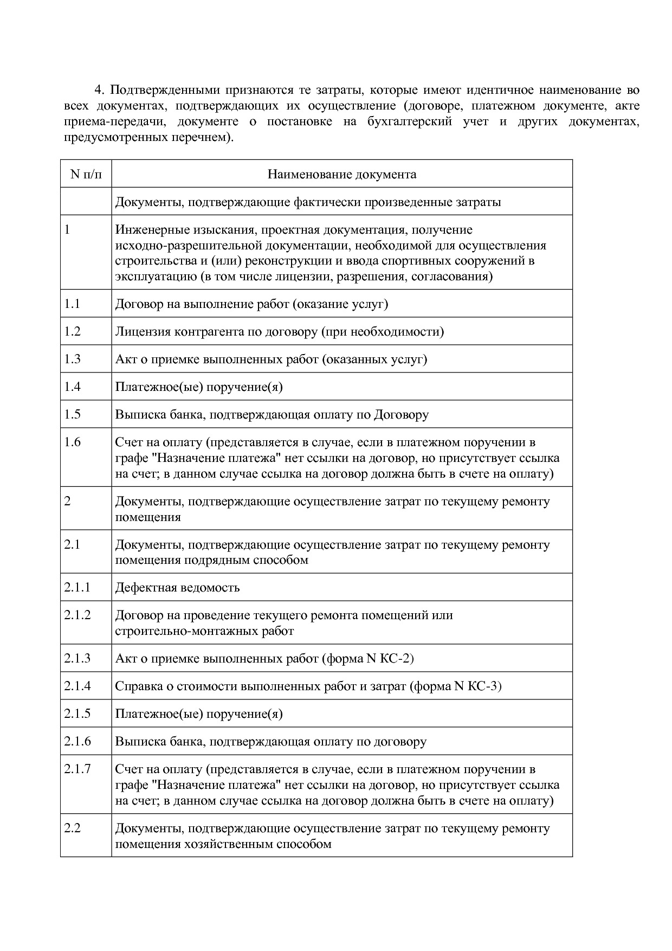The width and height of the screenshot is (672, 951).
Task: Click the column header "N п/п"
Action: (86, 174)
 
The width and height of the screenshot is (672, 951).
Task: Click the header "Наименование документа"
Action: (342, 174)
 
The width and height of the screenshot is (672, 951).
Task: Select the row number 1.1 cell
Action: (72, 304)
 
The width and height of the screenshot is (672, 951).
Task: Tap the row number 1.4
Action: (72, 387)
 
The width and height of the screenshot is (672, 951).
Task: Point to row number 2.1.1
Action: (77, 587)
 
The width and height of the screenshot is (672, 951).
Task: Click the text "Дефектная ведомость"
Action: (177, 588)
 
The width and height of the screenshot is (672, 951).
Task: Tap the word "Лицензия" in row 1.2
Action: (143, 332)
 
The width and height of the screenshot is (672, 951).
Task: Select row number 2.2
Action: (72, 828)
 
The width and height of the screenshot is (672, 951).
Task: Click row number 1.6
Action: (72, 442)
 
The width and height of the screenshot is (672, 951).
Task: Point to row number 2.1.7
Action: (77, 769)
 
